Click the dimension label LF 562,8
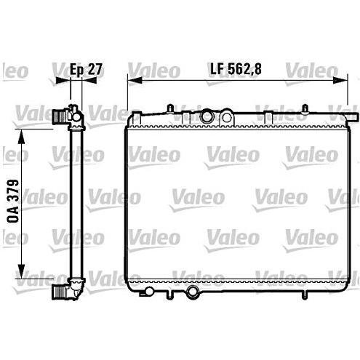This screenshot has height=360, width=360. [x=236, y=69]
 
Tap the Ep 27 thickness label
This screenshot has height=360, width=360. [x=86, y=69]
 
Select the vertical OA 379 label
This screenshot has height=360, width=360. [x=13, y=201]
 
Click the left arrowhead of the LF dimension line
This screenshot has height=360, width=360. [x=135, y=80]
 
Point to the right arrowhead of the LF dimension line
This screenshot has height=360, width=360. [x=340, y=80]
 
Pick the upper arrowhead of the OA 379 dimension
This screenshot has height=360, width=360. [x=22, y=137]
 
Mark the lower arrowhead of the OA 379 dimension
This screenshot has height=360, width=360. [x=22, y=271]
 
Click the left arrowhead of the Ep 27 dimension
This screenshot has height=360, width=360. [x=63, y=80]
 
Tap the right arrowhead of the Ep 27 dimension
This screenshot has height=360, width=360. [x=89, y=80]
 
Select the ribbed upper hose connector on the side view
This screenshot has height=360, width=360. [x=59, y=116]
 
